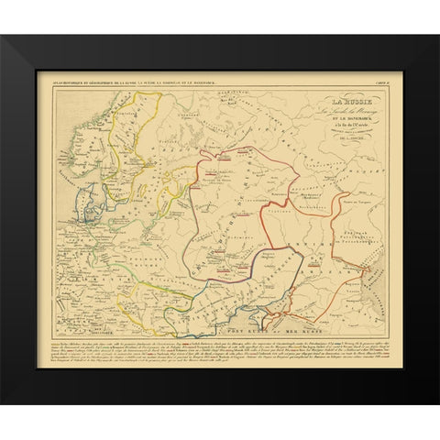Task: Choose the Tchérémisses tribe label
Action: click(307, 165)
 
